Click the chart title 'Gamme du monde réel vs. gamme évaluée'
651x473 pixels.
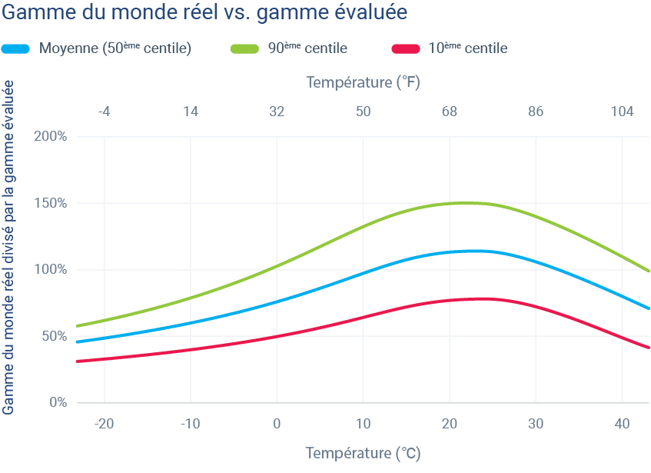[204, 13]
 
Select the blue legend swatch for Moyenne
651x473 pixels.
[16, 48]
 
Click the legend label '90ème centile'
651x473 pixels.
[307, 48]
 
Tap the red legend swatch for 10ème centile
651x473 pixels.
[405, 48]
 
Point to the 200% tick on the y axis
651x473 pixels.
[51, 137]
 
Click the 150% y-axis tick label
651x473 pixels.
[51, 204]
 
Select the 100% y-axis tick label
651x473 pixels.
[51, 270]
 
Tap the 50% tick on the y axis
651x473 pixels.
[54, 336]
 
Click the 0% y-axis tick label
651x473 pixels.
[58, 402]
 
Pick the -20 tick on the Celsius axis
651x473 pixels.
[104, 424]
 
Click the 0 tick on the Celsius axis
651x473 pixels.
[277, 424]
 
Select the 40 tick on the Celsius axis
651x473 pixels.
[622, 424]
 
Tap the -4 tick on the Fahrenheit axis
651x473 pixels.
[104, 112]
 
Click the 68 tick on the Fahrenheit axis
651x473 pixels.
[450, 112]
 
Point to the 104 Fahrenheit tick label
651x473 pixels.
[622, 112]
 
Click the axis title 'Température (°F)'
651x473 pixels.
[363, 82]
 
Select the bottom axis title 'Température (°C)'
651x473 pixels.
[363, 453]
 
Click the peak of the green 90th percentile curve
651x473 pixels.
[466, 203]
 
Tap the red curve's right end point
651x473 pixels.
[649, 348]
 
